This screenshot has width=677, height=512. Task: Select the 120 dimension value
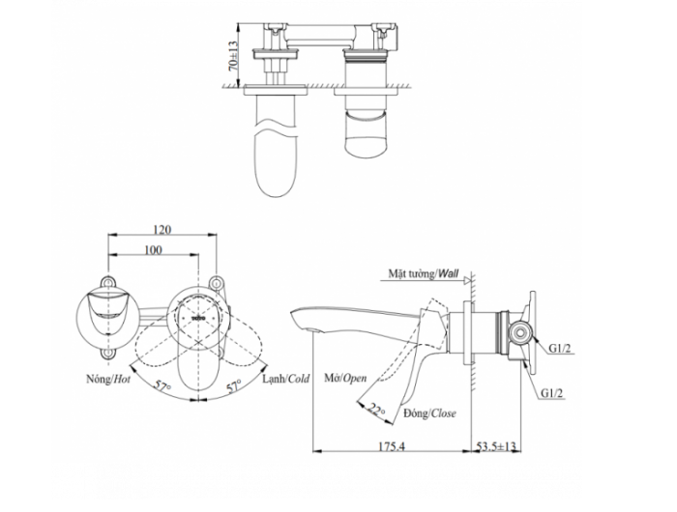(x=162, y=229)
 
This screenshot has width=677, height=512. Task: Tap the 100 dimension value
(x=152, y=250)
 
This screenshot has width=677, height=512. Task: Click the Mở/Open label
(x=345, y=380)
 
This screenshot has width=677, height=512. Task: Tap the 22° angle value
(x=373, y=410)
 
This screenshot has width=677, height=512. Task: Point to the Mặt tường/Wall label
(x=423, y=273)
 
